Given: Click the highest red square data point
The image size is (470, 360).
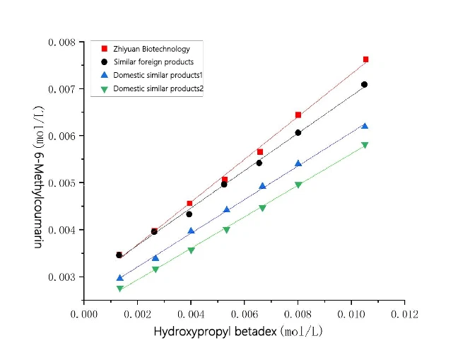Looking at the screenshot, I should point(365,59).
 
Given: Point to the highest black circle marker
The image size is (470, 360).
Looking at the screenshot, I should point(364,85).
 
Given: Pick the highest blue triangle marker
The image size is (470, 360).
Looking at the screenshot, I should point(365,126).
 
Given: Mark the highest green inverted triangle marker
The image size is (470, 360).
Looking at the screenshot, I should point(365,145).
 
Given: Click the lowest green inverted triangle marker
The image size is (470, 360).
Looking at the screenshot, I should point(119,289).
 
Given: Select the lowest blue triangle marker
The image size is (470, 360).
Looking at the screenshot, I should point(119,278).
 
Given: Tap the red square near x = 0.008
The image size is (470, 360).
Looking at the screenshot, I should point(298,115).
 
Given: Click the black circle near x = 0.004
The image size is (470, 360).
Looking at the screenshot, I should point(189,214).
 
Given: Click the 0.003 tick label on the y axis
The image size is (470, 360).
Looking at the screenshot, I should point(62,277).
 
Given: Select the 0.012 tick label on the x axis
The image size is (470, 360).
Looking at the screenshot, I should point(404,311).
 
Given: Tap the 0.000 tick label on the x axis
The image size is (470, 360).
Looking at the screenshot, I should point(84,311).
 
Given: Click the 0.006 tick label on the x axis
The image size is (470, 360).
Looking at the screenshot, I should point(245,311).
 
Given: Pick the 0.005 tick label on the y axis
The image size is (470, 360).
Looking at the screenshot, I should point(62,183).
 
